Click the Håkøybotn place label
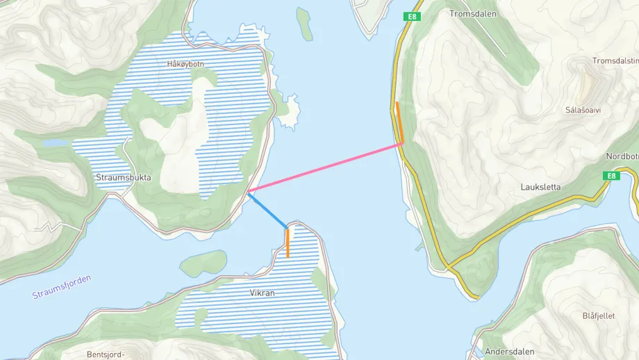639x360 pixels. (185, 64)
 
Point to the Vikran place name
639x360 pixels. (262, 293)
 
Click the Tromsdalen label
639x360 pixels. (471, 13)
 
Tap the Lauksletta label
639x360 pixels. (540, 187)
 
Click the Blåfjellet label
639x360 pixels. (598, 316)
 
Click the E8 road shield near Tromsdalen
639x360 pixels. (413, 17)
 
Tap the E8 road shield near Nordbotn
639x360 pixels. (610, 176)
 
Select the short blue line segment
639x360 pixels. (267, 210)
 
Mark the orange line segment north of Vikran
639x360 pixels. (287, 243)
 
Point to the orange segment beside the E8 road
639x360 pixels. (399, 122)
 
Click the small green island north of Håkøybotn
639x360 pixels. (304, 24)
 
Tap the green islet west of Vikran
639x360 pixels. (203, 263)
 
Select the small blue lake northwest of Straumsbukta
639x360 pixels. (55, 142)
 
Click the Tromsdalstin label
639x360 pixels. (615, 61)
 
